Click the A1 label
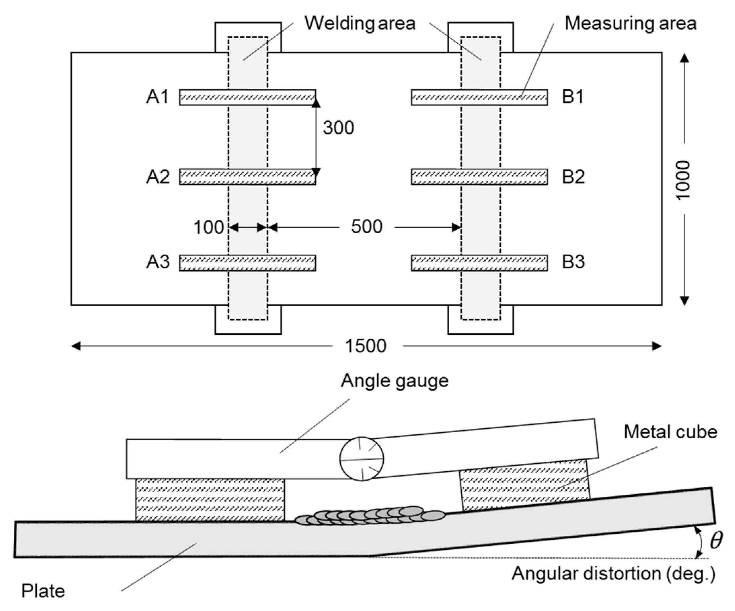(157, 97)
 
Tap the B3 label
(573, 262)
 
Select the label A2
(158, 177)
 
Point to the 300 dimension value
(338, 128)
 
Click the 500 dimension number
(366, 227)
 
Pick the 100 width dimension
(208, 228)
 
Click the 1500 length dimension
(365, 346)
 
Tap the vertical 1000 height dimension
(683, 180)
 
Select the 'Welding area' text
(360, 24)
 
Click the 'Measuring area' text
(630, 24)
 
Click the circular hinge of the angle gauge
(361, 459)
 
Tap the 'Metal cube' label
(670, 432)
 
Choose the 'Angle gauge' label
(394, 381)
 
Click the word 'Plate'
(43, 592)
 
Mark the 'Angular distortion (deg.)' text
(613, 574)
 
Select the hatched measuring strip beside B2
(479, 177)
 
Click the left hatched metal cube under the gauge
(210, 500)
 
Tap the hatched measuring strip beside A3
(247, 263)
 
